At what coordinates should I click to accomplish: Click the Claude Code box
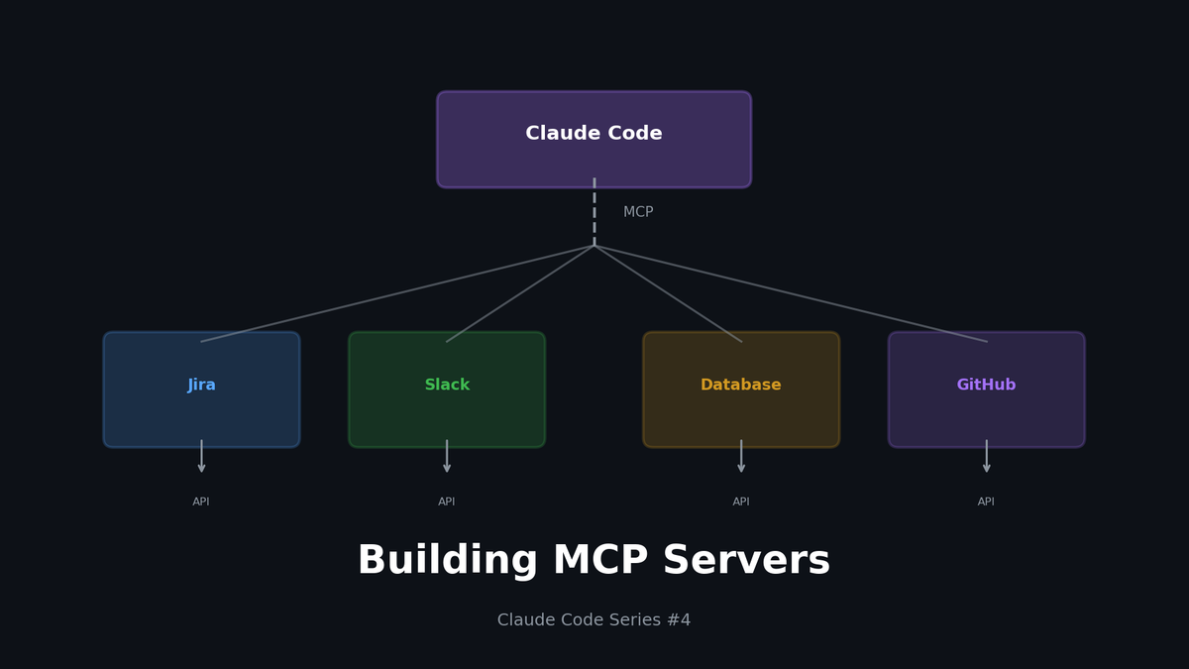pyautogui.click(x=594, y=139)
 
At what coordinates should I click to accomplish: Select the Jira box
pyautogui.click(x=201, y=389)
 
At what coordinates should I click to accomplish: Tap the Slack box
pyautogui.click(x=447, y=389)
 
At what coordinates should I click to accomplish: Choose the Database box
pyautogui.click(x=741, y=389)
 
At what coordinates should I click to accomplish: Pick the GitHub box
pyautogui.click(x=986, y=389)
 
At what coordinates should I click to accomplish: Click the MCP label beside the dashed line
pyautogui.click(x=638, y=212)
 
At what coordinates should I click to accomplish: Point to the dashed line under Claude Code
pyautogui.click(x=594, y=212)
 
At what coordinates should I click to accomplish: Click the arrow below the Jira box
pyautogui.click(x=201, y=457)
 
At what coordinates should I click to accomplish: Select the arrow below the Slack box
pyautogui.click(x=447, y=457)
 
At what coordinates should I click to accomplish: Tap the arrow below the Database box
pyautogui.click(x=741, y=457)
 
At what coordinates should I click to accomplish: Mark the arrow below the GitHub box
pyautogui.click(x=986, y=457)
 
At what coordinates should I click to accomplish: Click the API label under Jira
pyautogui.click(x=201, y=502)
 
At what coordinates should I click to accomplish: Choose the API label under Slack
pyautogui.click(x=447, y=502)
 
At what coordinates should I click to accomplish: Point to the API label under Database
pyautogui.click(x=741, y=502)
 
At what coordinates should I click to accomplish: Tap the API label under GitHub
pyautogui.click(x=986, y=502)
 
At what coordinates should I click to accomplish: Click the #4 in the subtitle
pyautogui.click(x=678, y=620)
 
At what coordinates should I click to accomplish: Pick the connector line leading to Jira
pyautogui.click(x=396, y=294)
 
